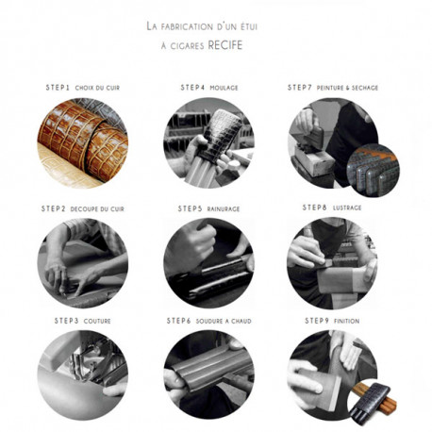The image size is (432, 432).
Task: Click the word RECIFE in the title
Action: (225, 45)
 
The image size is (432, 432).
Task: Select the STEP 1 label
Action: (58, 88)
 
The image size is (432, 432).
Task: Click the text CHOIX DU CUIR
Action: (97, 88)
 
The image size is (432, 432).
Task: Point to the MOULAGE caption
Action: (224, 88)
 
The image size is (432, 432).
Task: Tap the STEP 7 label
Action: (300, 88)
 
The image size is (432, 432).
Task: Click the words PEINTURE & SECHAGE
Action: (347, 88)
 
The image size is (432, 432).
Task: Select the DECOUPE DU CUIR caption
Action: (97, 209)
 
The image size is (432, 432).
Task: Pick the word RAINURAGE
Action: (224, 209)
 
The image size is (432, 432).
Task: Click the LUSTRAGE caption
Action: (347, 208)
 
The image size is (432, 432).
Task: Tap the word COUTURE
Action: (97, 321)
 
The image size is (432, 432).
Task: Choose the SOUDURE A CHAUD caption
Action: (224, 321)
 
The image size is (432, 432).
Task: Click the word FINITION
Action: (346, 321)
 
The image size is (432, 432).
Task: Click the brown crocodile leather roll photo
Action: (83, 143)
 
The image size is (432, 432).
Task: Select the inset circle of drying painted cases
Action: (373, 170)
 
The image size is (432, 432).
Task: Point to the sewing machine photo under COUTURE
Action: (83, 374)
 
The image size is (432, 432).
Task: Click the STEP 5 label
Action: (190, 208)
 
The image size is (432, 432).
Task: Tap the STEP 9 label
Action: (317, 321)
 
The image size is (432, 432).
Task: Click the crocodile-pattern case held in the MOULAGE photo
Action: (221, 135)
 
